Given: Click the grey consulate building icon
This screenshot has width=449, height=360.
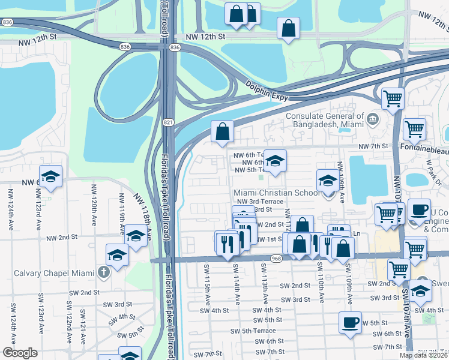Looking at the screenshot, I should point(373,118).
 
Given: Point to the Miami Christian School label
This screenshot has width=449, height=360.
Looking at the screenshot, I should point(277,193).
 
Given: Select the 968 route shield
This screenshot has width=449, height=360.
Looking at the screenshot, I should point(276,259).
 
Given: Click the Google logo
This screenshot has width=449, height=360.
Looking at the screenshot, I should point(20,353).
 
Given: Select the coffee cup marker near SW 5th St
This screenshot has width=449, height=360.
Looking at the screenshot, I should point(351,322).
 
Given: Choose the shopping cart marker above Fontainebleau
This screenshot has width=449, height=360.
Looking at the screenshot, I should point(414,128).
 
